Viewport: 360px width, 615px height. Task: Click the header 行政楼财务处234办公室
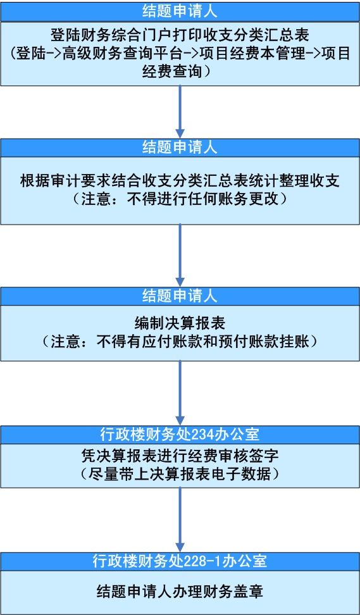tap(180, 435)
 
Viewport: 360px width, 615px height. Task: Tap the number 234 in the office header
tap(202, 435)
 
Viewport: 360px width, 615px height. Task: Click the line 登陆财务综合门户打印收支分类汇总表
tap(180, 35)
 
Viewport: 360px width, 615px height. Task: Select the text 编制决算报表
tap(180, 323)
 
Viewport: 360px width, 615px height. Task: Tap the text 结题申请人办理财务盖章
tap(180, 592)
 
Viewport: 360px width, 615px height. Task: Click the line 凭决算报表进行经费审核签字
tap(180, 456)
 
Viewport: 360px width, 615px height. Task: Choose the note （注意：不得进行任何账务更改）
tap(180, 199)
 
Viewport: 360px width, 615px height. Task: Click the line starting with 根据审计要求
tap(180, 181)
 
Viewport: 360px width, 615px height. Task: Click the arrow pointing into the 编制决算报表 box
tap(180, 256)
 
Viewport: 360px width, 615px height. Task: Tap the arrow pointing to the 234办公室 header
tap(180, 393)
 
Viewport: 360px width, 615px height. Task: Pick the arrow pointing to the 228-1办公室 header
tap(180, 519)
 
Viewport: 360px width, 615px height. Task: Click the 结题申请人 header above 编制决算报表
tap(180, 295)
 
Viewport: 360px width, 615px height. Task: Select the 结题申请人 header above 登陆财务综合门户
tap(180, 11)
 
